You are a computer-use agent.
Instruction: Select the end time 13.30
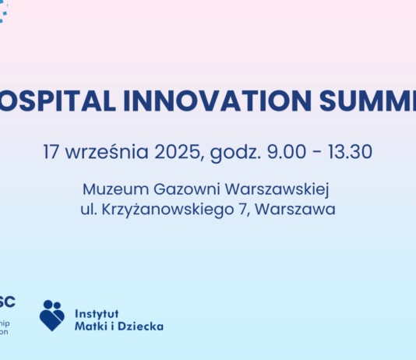[350, 151]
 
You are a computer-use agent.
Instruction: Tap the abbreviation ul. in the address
[87, 209]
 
